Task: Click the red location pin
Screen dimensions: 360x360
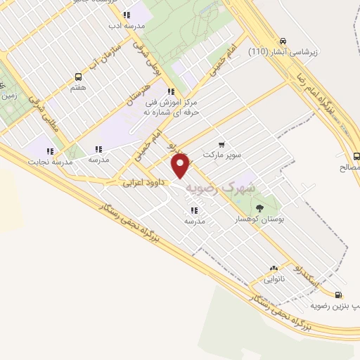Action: click(x=181, y=166)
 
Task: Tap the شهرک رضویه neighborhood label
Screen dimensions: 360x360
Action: click(x=219, y=187)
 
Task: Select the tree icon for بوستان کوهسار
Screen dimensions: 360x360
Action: click(x=260, y=207)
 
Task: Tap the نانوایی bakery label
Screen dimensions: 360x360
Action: click(x=274, y=279)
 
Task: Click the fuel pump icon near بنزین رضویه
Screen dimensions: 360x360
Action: click(x=339, y=295)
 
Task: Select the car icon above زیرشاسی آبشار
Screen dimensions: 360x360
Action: click(x=283, y=41)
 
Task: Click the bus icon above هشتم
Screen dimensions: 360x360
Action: click(x=77, y=77)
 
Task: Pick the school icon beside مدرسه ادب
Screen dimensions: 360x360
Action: click(x=127, y=15)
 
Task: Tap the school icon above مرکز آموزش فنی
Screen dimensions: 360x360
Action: click(x=170, y=91)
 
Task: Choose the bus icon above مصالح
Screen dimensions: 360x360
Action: click(x=356, y=156)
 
